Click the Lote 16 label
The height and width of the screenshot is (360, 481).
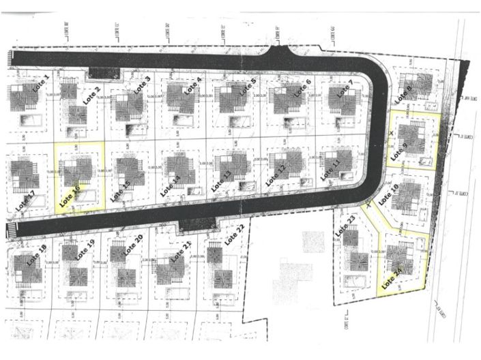pyautogui.click(x=70, y=196)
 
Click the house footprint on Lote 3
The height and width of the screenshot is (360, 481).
pyautogui.click(x=128, y=105)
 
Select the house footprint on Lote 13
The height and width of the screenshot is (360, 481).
pyautogui.click(x=232, y=165)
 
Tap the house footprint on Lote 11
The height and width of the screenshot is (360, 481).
pyautogui.click(x=334, y=161)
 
